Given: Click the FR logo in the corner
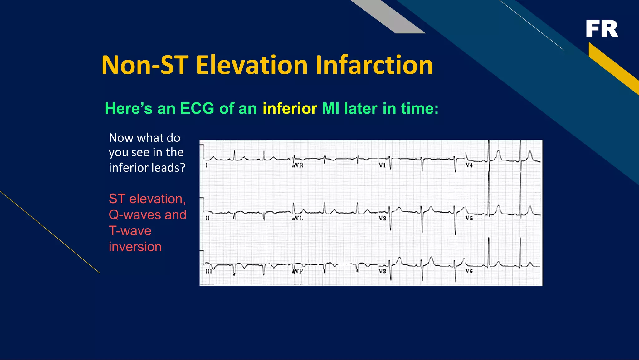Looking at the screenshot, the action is (x=602, y=29).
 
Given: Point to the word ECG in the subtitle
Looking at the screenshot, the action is (x=197, y=109).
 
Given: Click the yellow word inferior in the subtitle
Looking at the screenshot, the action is (x=290, y=109).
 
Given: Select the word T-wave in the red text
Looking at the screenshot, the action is (x=130, y=231).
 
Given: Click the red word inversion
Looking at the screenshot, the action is (x=135, y=247).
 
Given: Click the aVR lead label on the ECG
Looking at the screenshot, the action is (x=297, y=165).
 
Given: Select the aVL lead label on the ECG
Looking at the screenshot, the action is (x=297, y=218).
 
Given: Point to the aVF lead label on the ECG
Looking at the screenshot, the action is (x=297, y=271).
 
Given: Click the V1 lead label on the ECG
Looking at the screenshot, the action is (x=382, y=165).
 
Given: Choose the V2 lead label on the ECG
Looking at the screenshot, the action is (x=383, y=218).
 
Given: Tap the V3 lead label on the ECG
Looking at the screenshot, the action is (x=383, y=271).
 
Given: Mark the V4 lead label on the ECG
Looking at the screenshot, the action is (x=469, y=165).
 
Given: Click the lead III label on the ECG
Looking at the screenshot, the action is (x=208, y=271).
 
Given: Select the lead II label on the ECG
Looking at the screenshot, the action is (x=207, y=218).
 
